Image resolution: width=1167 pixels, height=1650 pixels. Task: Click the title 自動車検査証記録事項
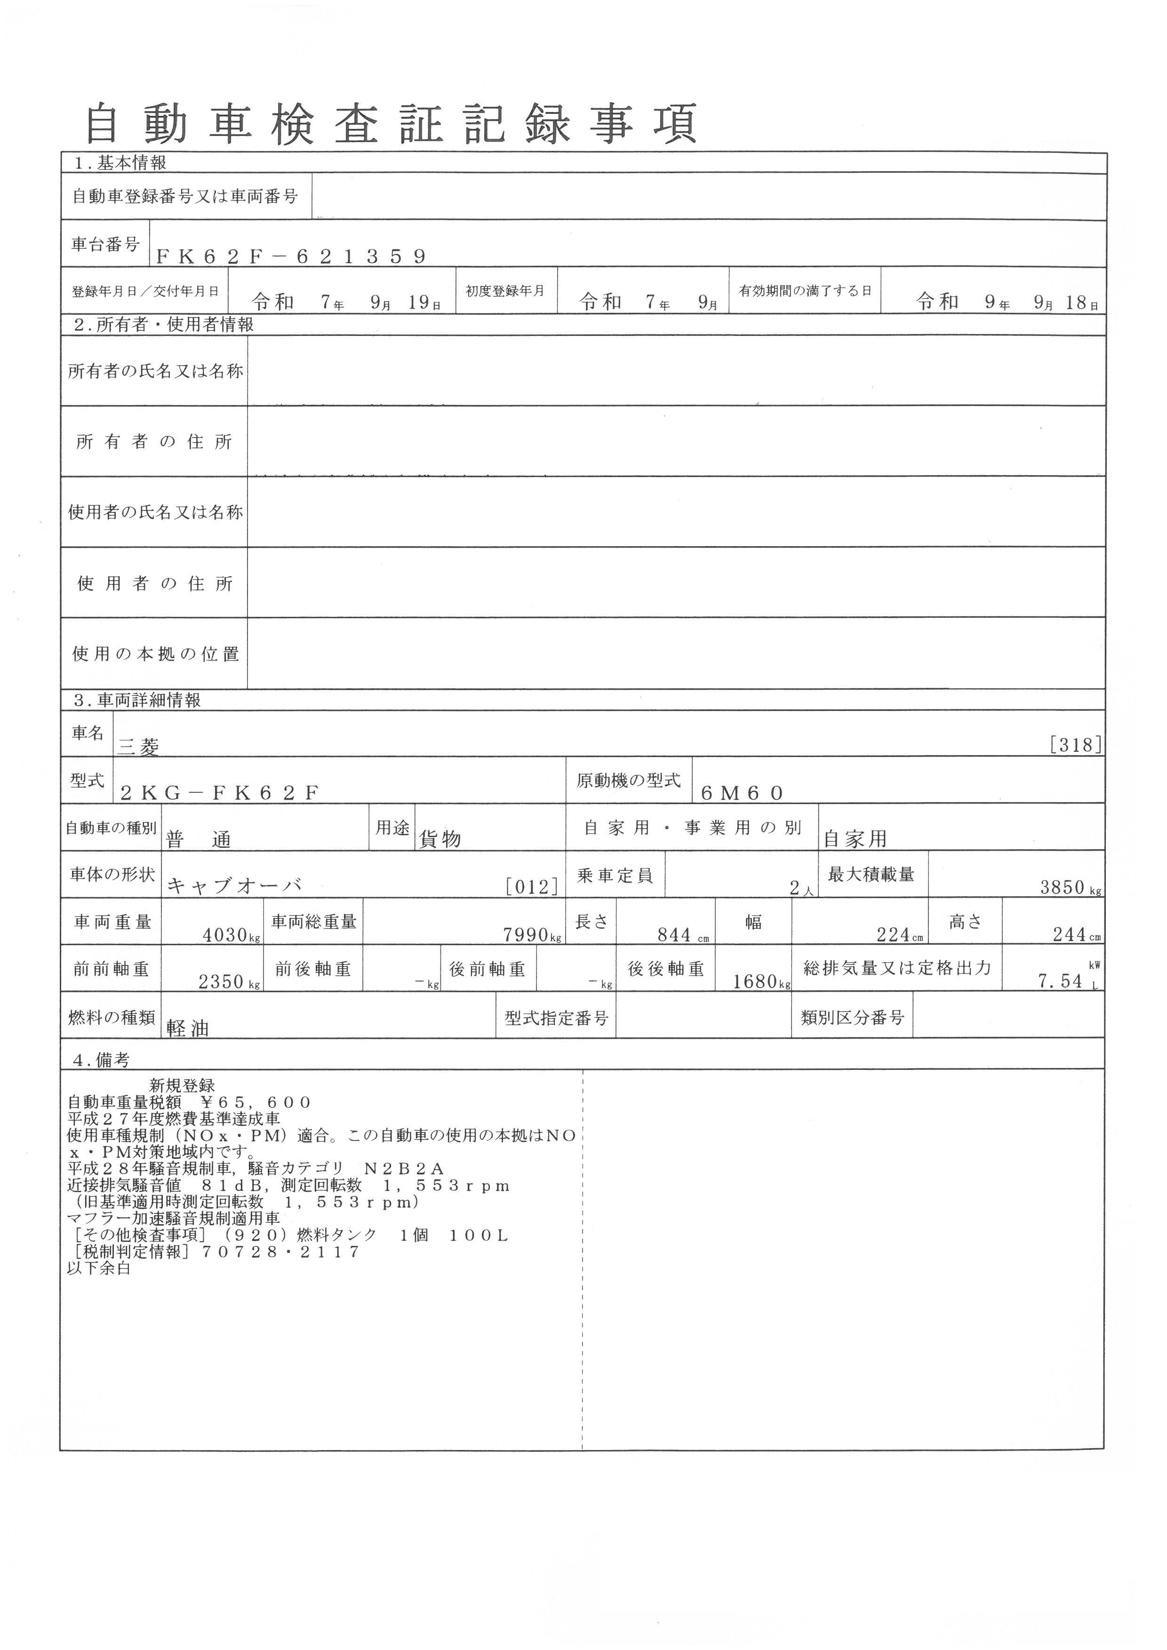(392, 124)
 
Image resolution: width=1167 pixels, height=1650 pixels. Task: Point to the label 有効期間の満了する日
(805, 291)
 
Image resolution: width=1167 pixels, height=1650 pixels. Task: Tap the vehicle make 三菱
(138, 748)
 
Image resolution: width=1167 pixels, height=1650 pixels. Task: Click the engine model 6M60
(742, 793)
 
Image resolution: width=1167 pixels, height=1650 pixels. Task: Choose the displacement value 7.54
(1060, 981)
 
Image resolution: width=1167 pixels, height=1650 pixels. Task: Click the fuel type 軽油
(188, 1029)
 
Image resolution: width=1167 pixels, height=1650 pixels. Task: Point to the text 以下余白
(99, 1268)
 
